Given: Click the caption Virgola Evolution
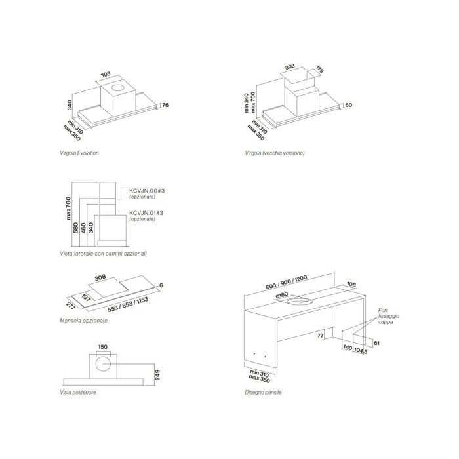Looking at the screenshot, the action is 79,153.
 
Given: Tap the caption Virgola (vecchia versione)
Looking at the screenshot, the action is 275,153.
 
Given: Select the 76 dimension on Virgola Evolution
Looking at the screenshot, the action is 165,105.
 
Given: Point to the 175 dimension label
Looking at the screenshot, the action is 319,70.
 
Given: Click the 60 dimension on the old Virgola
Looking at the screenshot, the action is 348,105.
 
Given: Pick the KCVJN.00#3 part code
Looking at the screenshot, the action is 147,191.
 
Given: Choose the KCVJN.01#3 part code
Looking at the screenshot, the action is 146,213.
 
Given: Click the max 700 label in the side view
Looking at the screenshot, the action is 68,209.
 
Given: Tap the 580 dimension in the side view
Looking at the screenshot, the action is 76,228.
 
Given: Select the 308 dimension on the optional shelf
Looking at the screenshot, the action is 100,277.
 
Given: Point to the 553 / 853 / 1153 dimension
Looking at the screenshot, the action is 128,305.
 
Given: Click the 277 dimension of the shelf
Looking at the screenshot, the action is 71,305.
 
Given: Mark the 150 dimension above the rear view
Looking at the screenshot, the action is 102,347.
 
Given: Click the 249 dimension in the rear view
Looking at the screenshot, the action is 158,375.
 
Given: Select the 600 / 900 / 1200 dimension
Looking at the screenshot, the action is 287,282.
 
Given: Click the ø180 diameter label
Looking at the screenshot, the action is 282,295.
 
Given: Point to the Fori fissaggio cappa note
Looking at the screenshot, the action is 388,316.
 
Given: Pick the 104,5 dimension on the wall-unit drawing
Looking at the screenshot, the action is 361,350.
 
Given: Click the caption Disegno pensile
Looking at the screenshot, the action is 263,393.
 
